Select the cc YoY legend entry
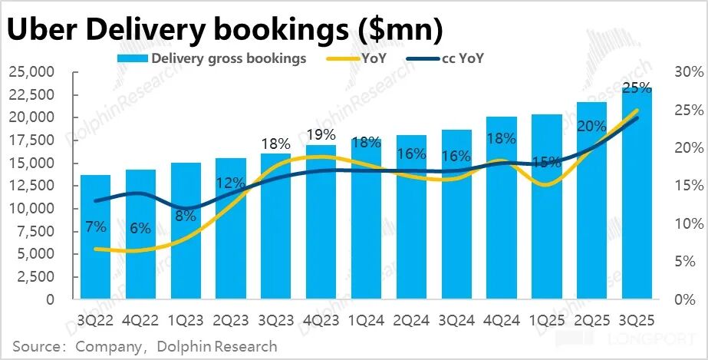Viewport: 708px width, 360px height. [463, 58]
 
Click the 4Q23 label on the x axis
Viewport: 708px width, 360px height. [321, 315]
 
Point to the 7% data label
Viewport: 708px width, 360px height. [95, 227]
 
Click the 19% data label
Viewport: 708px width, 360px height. [321, 136]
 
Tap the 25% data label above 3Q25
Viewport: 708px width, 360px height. [637, 87]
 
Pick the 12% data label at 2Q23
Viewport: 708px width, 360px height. [230, 183]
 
